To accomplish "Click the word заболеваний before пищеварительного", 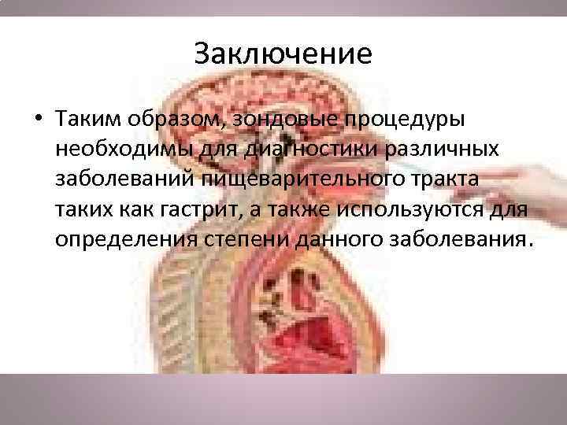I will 128,179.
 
